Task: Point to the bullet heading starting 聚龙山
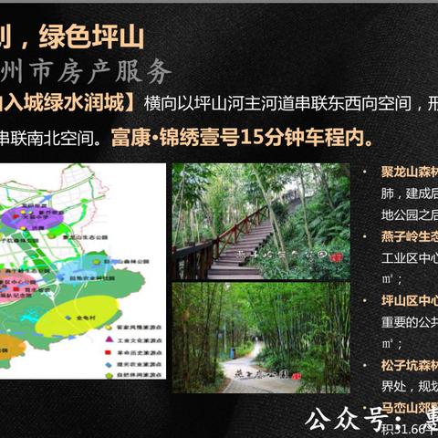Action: tap(407, 173)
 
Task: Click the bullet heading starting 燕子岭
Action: tap(407, 235)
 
